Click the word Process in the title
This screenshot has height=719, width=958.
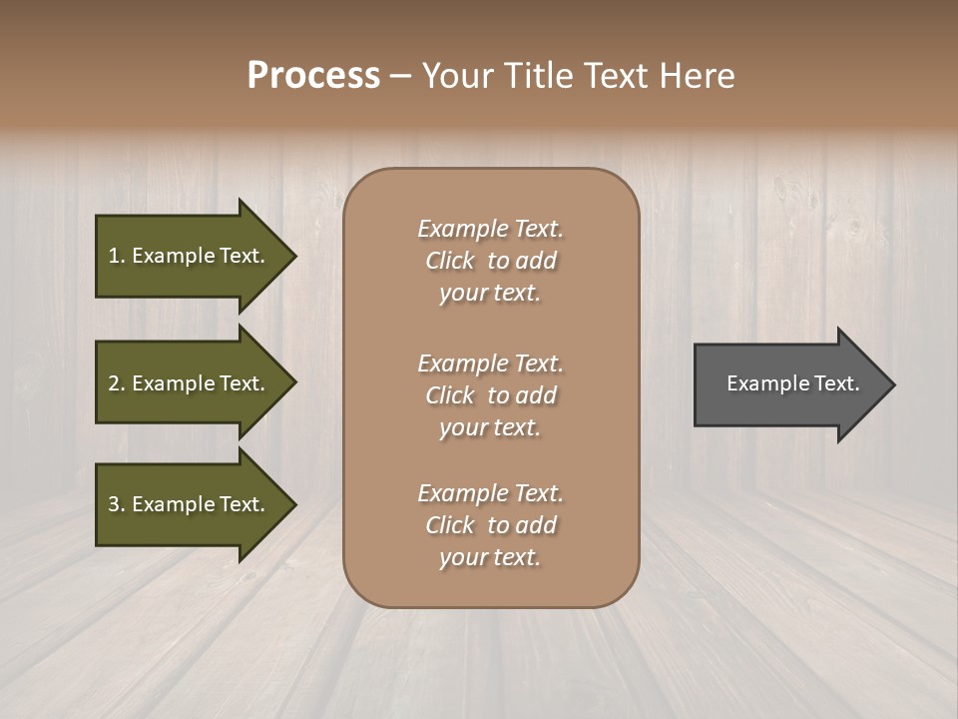pos(313,76)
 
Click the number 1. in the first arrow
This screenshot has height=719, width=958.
pos(117,256)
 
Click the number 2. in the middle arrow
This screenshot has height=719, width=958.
pos(117,383)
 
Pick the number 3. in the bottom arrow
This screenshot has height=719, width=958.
pos(117,504)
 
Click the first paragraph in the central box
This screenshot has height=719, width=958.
pos(490,261)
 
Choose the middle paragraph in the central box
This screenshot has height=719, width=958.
pos(490,395)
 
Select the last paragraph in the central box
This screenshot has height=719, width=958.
pos(490,525)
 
